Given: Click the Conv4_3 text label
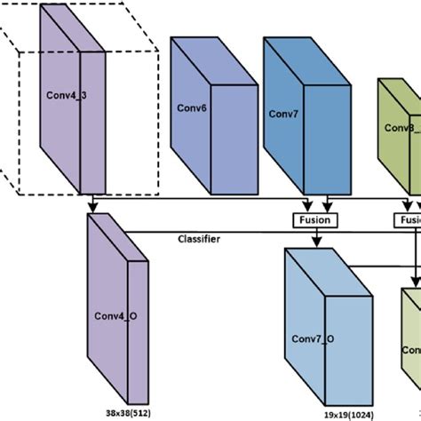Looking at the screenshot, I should [63, 91].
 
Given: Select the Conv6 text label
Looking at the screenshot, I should [190, 109].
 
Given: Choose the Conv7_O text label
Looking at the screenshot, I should [313, 338].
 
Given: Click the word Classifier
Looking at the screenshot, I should [200, 239].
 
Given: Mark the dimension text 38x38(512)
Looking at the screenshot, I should [129, 413].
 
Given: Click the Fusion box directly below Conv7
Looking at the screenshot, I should [312, 218].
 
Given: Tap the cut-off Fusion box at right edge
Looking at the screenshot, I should [410, 218].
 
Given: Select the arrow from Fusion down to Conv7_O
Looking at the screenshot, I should [312, 238].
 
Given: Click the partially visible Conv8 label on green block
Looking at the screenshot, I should [400, 127].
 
